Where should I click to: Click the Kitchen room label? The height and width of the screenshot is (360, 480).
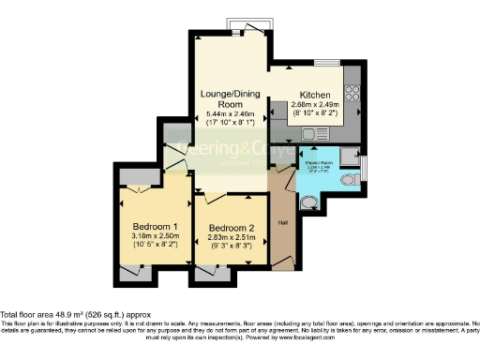[313, 96]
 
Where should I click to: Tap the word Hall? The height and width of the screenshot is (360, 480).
[282, 222]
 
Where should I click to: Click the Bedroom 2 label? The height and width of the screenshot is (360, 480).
[231, 228]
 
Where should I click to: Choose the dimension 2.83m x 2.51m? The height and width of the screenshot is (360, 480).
[231, 239]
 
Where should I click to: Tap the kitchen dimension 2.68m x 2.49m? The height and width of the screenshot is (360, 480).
[313, 107]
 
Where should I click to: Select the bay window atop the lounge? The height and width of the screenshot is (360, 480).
[232, 25]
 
